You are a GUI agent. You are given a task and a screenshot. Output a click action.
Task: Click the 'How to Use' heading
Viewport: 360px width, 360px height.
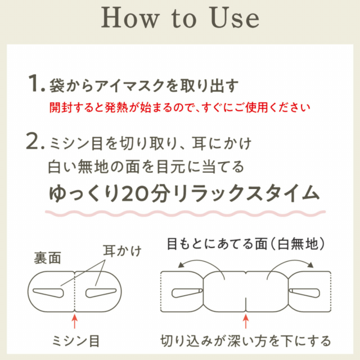(x=180, y=18)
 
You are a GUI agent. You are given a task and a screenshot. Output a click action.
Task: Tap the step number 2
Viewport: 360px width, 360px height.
(x=36, y=144)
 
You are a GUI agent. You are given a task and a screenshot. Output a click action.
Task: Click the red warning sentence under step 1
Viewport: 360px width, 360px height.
(x=179, y=106)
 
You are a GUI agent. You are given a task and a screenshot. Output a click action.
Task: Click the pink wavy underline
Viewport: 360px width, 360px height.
(x=185, y=214)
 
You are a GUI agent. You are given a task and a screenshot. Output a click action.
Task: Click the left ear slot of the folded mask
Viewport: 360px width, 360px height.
(x=51, y=292)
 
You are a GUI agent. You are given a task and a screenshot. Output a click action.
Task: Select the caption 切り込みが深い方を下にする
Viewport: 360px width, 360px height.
(x=245, y=341)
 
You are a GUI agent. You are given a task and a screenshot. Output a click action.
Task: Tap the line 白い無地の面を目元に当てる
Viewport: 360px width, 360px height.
(x=146, y=168)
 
